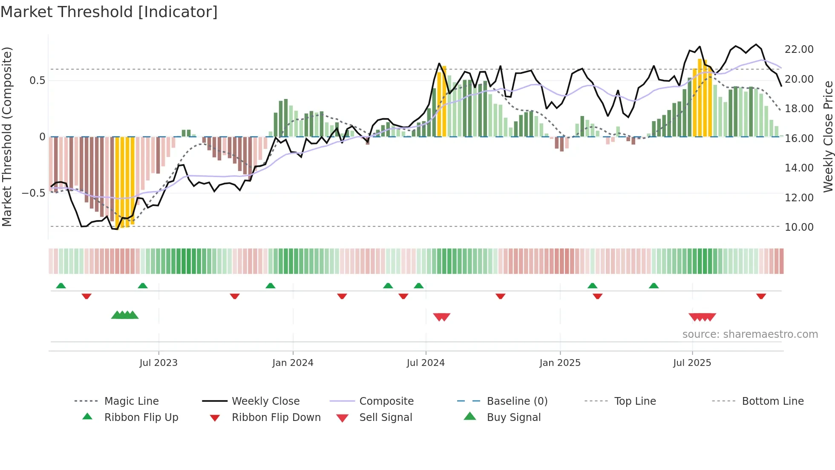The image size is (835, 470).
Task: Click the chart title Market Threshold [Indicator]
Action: coord(109,12)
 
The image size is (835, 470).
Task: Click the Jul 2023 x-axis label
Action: coord(158,363)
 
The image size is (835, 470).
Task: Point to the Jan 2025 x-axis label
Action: coord(560,363)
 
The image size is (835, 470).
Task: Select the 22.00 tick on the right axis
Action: coord(799,49)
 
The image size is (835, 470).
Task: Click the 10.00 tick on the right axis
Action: coord(799,227)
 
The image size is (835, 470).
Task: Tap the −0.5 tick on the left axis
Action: coord(33,193)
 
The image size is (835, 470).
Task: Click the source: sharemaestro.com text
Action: coord(750,334)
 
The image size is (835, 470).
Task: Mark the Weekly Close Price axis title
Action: coord(828,136)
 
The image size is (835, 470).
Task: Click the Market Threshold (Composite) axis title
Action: coord(7,136)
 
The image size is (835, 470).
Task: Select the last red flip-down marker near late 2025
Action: coord(761,296)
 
